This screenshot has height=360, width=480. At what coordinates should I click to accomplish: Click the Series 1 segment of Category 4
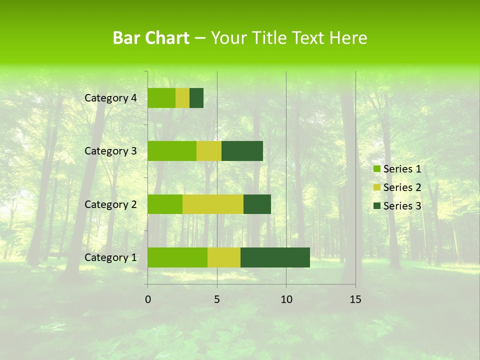coord(161,98)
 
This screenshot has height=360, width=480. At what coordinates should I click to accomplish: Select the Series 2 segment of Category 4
coord(182,98)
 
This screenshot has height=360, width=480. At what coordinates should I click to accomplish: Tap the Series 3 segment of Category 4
coord(196,98)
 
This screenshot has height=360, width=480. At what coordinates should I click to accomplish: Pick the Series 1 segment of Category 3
coord(172,151)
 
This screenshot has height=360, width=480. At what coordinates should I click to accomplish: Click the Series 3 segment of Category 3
coord(242,151)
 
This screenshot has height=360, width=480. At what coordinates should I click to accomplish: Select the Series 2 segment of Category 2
coord(213,204)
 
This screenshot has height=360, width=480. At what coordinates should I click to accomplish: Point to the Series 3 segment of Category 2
coord(257,204)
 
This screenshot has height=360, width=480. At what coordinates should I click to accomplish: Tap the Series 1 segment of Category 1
coord(177,257)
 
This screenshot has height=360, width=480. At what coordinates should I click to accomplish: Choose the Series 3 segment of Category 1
coord(275,257)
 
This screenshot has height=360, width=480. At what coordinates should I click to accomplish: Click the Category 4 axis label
coord(110,98)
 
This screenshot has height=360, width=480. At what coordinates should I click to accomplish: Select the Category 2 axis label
coord(110,204)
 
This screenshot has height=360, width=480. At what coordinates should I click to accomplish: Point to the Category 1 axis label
coord(110,257)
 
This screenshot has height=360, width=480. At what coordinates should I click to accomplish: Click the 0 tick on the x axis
coord(148,299)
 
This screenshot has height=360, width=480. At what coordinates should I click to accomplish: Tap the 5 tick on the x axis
coord(217,299)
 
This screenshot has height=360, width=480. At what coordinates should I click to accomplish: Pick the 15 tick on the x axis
coord(355,299)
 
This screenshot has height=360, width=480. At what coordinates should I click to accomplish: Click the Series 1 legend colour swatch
coord(377,169)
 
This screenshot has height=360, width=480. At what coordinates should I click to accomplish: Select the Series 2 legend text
coord(402,187)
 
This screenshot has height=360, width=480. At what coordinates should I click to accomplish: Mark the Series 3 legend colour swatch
coord(377,206)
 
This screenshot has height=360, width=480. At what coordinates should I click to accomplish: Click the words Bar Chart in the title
coord(151,38)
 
